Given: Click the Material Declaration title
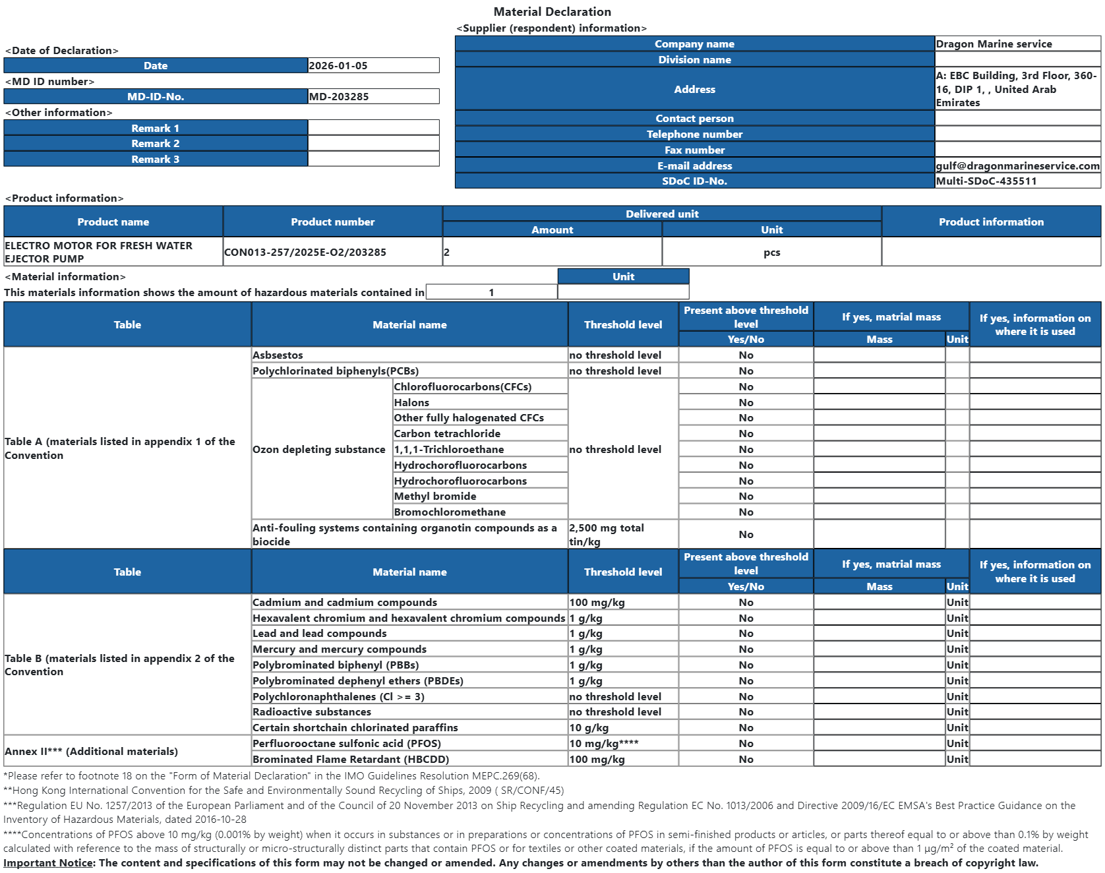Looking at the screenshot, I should pos(552,12).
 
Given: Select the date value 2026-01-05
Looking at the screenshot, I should pos(338,66).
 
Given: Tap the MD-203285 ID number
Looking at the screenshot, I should pos(339,97).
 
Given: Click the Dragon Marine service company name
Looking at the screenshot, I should pos(994,44).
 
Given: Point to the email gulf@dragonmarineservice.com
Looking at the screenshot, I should pos(1017,166).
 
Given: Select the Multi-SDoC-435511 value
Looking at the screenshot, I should pos(986,181).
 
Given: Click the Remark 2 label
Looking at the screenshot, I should pos(156,144).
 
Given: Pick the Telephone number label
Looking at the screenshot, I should pos(694,135).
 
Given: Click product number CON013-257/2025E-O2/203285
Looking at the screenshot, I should pos(305,253).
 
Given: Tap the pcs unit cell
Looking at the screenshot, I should pos(771,253).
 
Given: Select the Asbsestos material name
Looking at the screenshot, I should pos(278,355).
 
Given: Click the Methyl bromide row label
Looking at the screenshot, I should pos(435,497).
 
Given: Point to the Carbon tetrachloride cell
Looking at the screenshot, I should pos(447,434).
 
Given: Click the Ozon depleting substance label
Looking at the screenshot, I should pos(319,450).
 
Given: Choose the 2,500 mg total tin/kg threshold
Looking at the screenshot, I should pos(607,535).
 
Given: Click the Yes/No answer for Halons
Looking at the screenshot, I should pos(746,403).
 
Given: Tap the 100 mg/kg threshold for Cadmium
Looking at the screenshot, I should pos(597,603).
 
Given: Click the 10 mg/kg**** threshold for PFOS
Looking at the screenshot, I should pos(604,744).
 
